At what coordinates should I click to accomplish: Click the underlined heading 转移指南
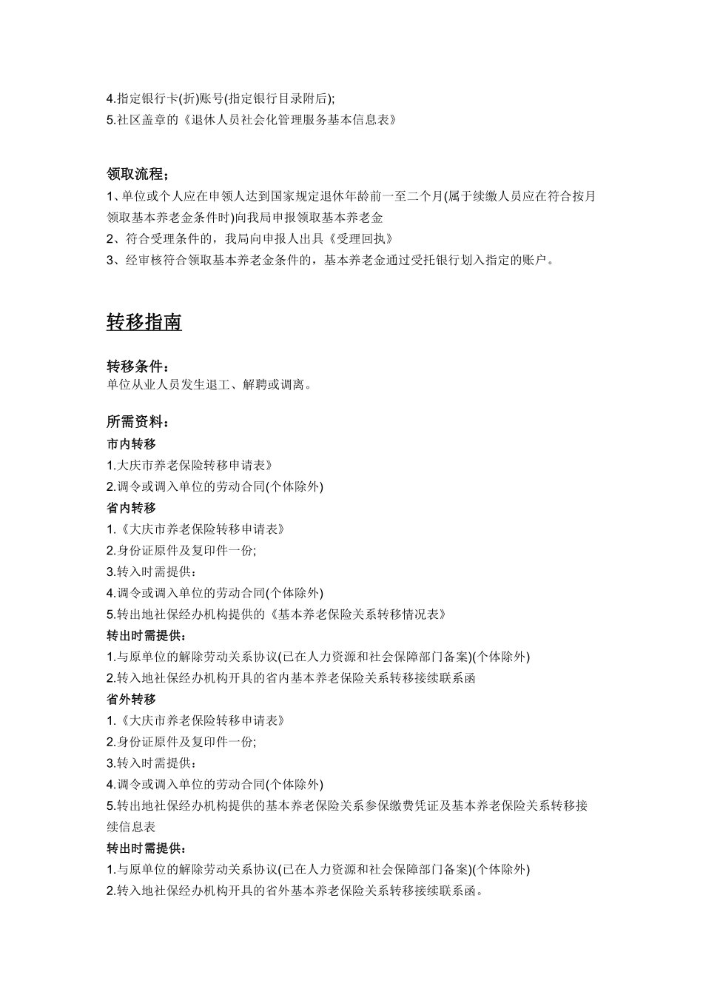[144, 323]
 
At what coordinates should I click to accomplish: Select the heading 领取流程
[137, 175]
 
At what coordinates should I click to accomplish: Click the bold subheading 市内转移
[132, 444]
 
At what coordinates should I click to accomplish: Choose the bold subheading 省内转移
[132, 508]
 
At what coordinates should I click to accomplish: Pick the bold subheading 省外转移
[132, 699]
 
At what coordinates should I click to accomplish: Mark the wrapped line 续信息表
[131, 827]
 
